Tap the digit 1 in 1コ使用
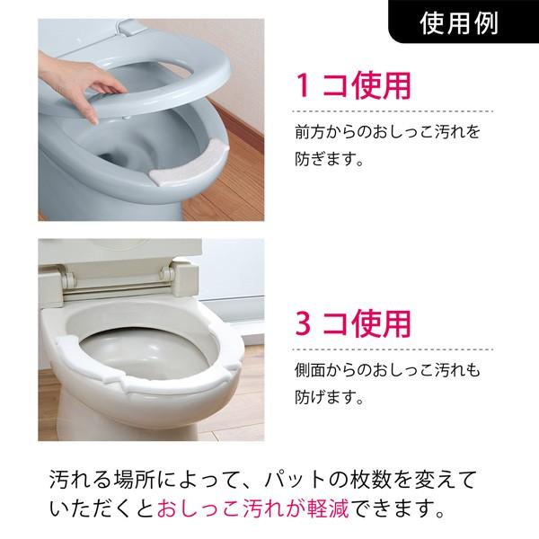305,85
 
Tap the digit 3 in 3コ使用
305,323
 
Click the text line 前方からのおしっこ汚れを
387,133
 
